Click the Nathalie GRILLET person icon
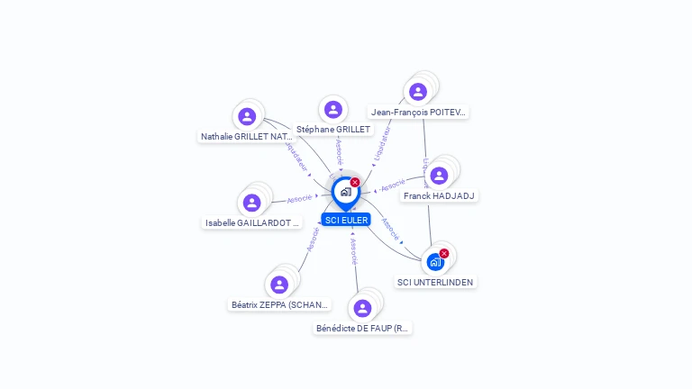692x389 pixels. coord(247,116)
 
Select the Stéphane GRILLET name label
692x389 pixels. coord(333,130)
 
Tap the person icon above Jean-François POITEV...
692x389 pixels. coord(418,91)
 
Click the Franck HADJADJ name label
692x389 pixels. coord(440,195)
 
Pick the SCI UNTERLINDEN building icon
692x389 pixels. coord(435,262)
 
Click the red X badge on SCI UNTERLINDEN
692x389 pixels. coord(444,253)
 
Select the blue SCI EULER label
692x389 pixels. coord(346,220)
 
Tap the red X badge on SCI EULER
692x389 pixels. coord(355,182)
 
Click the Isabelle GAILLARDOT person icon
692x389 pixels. coord(252,203)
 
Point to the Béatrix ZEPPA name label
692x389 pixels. coord(280,304)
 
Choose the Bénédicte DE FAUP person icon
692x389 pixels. coord(362,308)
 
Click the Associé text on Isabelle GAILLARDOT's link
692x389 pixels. coord(300,198)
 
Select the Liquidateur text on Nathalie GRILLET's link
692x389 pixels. coord(296,155)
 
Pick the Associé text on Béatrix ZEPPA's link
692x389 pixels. coord(313,239)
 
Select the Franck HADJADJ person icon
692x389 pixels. coord(439,176)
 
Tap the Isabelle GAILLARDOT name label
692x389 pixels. coord(252,223)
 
